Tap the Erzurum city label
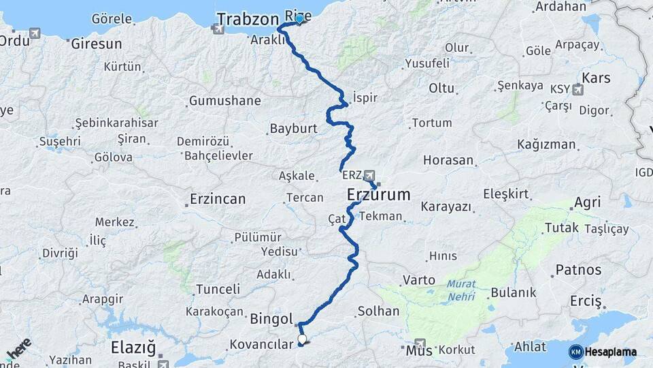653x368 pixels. pyautogui.click(x=378, y=195)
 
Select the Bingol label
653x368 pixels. pyautogui.click(x=271, y=318)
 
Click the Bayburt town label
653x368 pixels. pyautogui.click(x=294, y=128)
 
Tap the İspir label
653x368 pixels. pyautogui.click(x=365, y=97)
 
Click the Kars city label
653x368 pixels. pyautogui.click(x=597, y=78)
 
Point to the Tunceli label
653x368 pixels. pyautogui.click(x=218, y=289)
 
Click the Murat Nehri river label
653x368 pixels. pyautogui.click(x=463, y=290)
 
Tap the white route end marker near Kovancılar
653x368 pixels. pyautogui.click(x=302, y=339)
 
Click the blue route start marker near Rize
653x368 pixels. pyautogui.click(x=299, y=18)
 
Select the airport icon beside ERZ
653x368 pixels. pyautogui.click(x=369, y=174)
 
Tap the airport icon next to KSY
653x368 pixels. pyautogui.click(x=577, y=89)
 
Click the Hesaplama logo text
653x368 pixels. pyautogui.click(x=612, y=352)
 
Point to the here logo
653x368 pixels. pyautogui.click(x=19, y=349)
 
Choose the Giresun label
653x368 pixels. pyautogui.click(x=97, y=44)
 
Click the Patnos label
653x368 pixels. pyautogui.click(x=578, y=270)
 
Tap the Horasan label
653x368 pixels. pyautogui.click(x=448, y=161)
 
